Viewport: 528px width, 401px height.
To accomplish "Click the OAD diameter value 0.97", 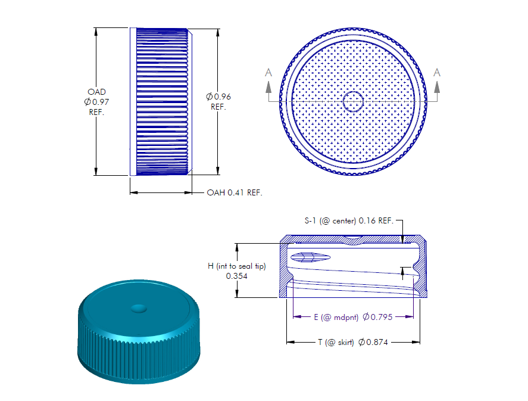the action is tap(101, 102).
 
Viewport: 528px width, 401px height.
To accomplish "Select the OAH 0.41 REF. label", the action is tap(235, 192).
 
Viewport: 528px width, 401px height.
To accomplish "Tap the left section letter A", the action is tap(268, 73).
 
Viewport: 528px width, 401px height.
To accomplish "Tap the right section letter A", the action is tap(437, 73).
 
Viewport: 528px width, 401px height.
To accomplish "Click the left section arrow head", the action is tap(268, 87).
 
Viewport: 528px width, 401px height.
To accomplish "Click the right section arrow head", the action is tap(437, 87).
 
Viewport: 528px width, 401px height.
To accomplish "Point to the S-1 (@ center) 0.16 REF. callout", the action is tap(349, 220).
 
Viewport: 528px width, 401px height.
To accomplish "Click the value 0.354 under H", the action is tap(237, 276).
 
